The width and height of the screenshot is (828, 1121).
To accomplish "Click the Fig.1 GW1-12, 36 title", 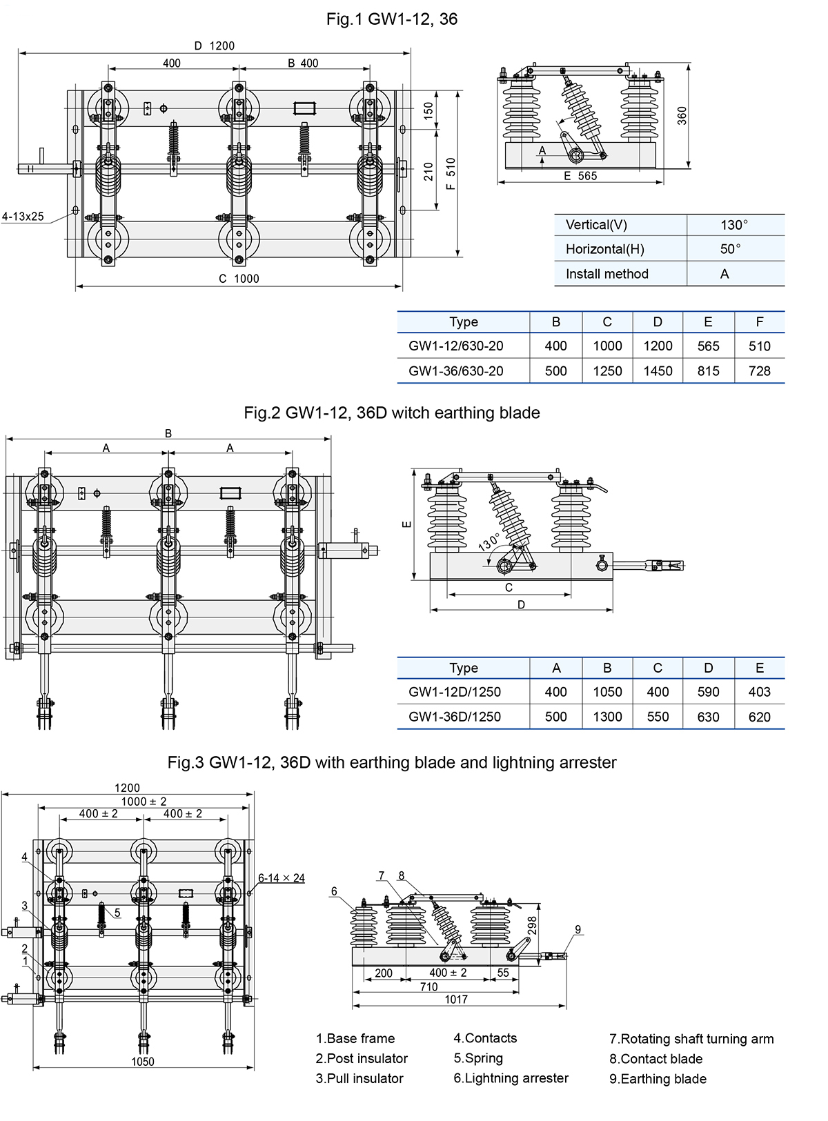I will (392, 19).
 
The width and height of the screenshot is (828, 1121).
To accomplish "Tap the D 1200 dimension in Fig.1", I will (215, 46).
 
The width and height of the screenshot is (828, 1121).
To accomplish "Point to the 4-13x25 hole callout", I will (23, 217).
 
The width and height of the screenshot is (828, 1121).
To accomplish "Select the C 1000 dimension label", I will (239, 279).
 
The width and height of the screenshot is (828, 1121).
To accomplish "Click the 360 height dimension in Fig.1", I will (682, 115).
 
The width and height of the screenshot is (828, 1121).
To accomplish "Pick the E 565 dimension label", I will (580, 176).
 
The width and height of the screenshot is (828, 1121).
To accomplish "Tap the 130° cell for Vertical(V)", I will (734, 225).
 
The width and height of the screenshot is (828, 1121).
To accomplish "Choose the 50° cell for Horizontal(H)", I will (730, 249).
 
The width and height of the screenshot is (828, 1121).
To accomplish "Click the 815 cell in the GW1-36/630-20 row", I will (708, 371).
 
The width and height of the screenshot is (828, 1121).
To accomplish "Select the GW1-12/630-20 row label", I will (456, 346).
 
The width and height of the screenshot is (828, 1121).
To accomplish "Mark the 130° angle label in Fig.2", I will (489, 541).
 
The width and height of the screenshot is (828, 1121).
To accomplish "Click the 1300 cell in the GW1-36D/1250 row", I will (607, 717).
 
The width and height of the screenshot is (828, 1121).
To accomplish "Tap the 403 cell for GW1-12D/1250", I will (759, 692).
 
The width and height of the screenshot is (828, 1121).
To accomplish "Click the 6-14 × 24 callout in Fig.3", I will (282, 878).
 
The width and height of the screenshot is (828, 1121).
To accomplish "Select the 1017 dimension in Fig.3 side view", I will (456, 999).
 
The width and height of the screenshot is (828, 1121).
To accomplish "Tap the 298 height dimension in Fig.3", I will (532, 926).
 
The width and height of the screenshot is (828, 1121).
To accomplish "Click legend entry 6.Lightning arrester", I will (511, 1078).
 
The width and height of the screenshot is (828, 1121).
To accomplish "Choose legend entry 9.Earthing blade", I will (658, 1079).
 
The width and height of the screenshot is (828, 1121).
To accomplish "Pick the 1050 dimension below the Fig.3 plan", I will (143, 1062).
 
